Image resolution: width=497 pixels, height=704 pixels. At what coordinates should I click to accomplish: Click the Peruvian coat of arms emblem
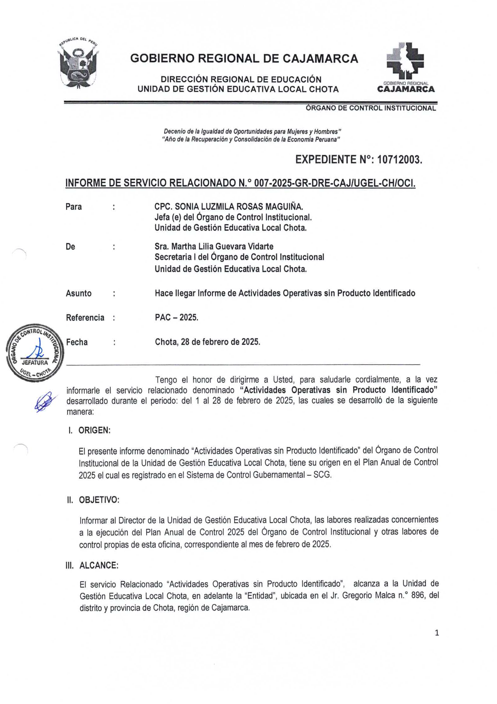coord(78,65)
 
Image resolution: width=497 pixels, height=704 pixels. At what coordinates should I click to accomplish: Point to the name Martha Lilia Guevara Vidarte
coord(214,246)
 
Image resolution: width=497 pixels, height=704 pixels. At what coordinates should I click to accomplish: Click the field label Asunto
coord(78,293)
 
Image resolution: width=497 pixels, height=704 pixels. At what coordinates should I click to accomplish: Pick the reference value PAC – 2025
coord(177,317)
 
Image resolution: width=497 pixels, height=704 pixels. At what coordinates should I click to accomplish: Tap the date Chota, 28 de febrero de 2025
coord(207,342)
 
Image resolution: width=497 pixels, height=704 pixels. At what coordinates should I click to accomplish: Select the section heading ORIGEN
coord(94,430)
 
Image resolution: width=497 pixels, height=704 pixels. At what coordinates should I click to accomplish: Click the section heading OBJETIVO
coord(99,500)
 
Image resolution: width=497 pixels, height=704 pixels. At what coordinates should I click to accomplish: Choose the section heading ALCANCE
coord(99,565)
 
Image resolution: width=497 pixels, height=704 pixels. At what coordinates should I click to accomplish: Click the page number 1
coord(437,633)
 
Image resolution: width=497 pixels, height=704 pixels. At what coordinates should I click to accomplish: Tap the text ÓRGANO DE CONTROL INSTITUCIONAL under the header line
coord(371,108)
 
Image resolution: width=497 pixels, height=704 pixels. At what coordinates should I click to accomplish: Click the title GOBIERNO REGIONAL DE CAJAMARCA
coord(244,58)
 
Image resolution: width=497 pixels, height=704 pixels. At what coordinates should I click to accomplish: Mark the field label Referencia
coord(85,318)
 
